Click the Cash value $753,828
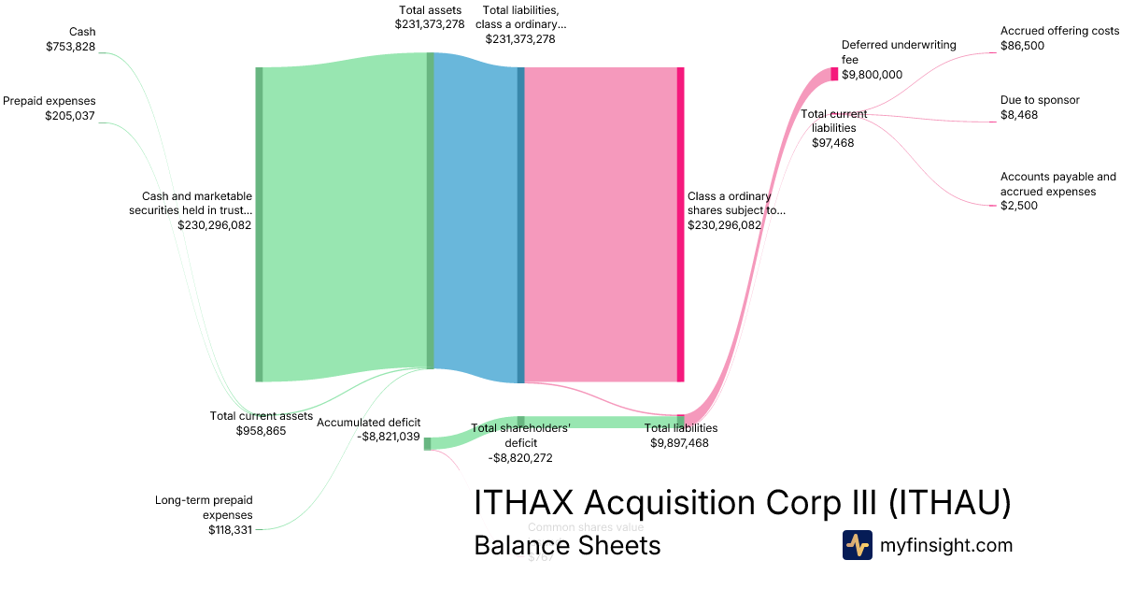coord(70,47)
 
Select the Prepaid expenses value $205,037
coord(70,116)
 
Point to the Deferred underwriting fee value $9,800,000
coord(872,75)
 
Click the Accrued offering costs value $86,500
coord(1022,46)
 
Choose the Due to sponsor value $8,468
coord(1019,115)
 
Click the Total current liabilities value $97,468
coord(833,143)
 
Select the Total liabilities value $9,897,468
coord(680,443)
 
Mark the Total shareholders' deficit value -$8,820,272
coord(520,458)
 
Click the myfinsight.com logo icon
coord(857,545)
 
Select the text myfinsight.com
coord(946,545)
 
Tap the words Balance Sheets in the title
coord(567,545)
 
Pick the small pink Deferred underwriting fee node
coord(834,74)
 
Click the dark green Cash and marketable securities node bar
coord(260,224)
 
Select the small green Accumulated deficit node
coord(427,443)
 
